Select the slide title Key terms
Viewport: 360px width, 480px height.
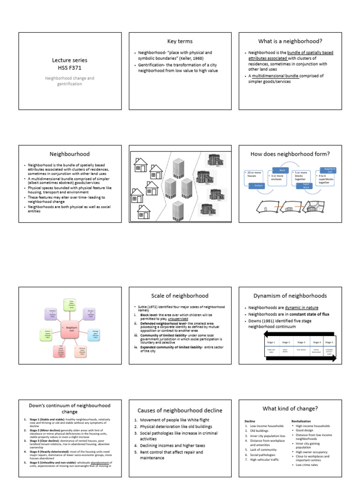pyautogui.click(x=180, y=41)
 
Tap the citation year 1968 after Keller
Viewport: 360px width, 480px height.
pyautogui.click(x=204, y=58)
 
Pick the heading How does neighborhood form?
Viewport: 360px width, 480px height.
pyautogui.click(x=290, y=153)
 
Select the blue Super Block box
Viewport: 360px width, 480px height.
pyautogui.click(x=306, y=186)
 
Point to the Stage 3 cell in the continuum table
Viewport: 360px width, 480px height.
pyautogui.click(x=301, y=342)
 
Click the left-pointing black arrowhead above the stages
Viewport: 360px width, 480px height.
pyautogui.click(x=254, y=333)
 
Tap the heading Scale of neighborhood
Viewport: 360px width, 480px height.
pyautogui.click(x=180, y=296)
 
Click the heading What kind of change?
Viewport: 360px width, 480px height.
pyautogui.click(x=290, y=408)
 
